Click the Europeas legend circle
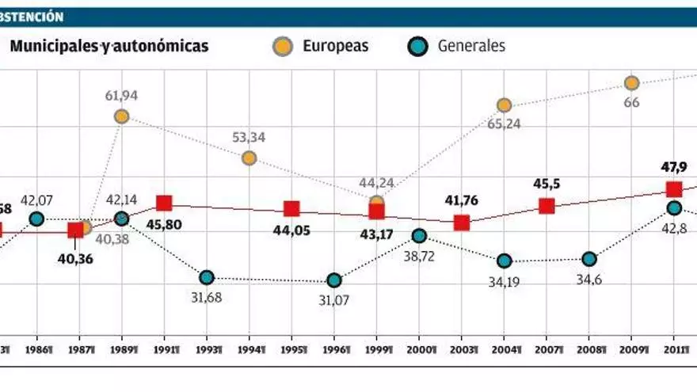pyautogui.click(x=280, y=46)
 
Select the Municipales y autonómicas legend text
pyautogui.click(x=109, y=46)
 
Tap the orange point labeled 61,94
pyautogui.click(x=121, y=116)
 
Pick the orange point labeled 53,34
pyautogui.click(x=249, y=158)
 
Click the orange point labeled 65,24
pyautogui.click(x=504, y=105)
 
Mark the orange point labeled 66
pyautogui.click(x=631, y=83)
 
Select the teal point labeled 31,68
pyautogui.click(x=207, y=277)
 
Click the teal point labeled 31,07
pyautogui.click(x=334, y=280)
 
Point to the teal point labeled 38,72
pyautogui.click(x=419, y=235)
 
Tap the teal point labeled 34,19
pyautogui.click(x=504, y=261)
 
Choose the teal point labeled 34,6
pyautogui.click(x=588, y=259)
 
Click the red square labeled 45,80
pyautogui.click(x=164, y=204)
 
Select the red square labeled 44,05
pyautogui.click(x=291, y=209)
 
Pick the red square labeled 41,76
pyautogui.click(x=462, y=223)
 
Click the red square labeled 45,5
pyautogui.click(x=547, y=206)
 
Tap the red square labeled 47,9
pyautogui.click(x=674, y=188)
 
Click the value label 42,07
pyautogui.click(x=36, y=200)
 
